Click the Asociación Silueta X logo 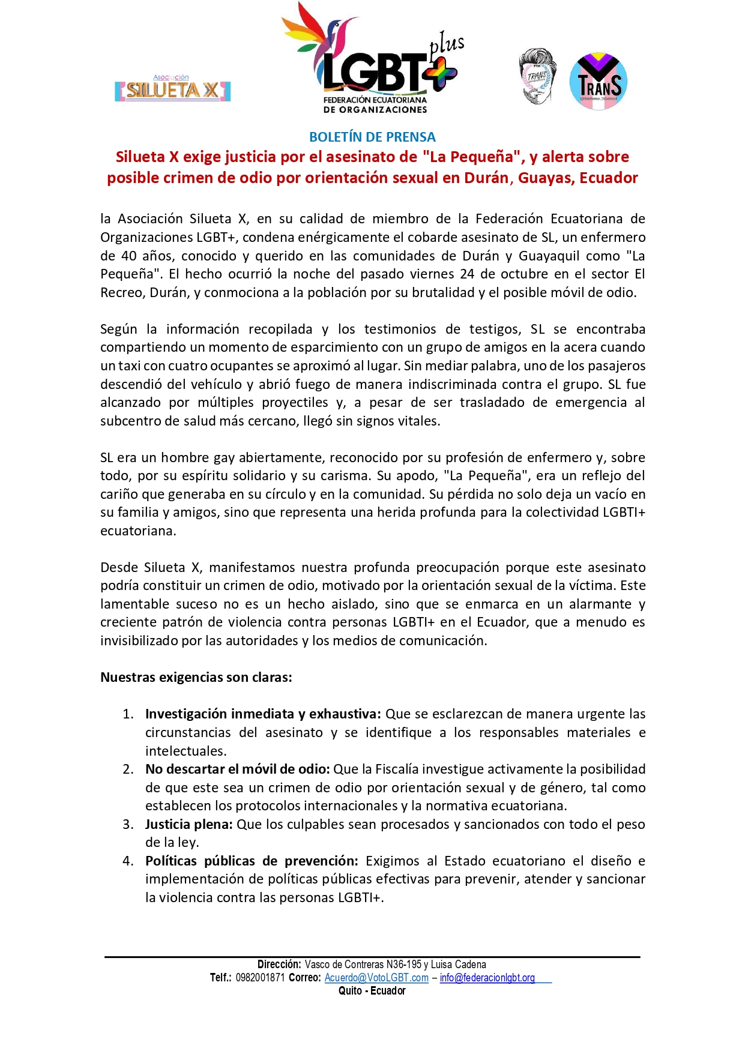point(172,89)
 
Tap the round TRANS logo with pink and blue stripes point(598,82)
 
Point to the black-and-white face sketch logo point(537,77)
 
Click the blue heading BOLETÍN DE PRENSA point(372,137)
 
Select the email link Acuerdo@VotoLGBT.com point(376,978)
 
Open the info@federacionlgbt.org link point(487,978)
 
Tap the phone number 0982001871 point(260,978)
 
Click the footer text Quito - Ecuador point(372,991)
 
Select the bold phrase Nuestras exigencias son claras point(196,678)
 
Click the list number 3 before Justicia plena point(128,825)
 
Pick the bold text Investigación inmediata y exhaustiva point(263,714)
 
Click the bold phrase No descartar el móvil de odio point(237,769)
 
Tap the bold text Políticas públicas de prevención point(252,861)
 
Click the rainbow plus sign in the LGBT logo point(440,73)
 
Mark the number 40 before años point(129,256)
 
